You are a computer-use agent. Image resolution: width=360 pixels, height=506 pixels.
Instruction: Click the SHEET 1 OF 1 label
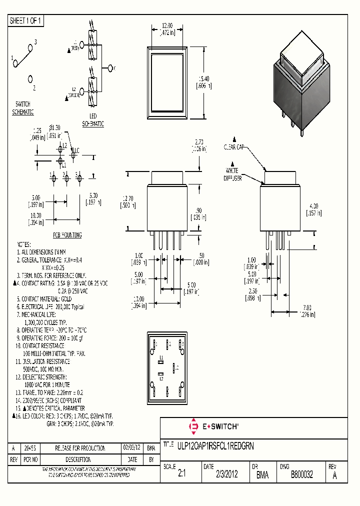click(x=26, y=21)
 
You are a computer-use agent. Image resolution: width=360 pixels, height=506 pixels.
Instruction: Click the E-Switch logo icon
click(x=193, y=426)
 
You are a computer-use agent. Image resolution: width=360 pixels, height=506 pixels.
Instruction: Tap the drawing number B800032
click(x=301, y=475)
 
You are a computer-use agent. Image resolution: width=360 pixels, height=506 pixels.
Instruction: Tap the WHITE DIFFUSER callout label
click(x=233, y=174)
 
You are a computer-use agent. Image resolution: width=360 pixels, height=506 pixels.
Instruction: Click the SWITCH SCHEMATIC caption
click(x=23, y=109)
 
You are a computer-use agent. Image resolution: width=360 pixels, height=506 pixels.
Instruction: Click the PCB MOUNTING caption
click(x=67, y=235)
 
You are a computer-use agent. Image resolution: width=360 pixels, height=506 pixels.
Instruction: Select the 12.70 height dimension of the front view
click(x=127, y=201)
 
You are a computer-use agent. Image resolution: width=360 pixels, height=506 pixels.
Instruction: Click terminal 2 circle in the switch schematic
click(x=31, y=79)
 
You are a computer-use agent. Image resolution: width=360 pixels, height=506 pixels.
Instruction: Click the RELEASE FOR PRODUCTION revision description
click(x=79, y=448)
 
